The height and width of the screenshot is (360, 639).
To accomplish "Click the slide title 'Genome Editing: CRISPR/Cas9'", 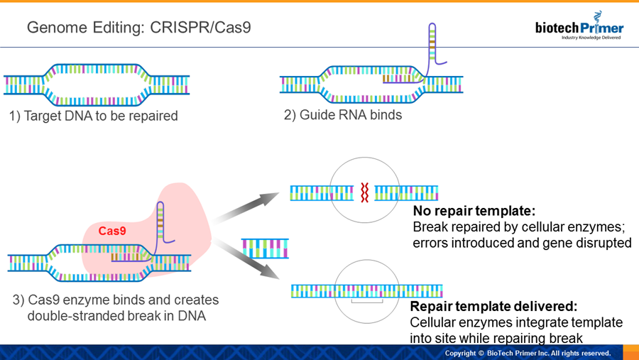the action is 138,28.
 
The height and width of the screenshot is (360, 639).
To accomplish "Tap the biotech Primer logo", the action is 579,26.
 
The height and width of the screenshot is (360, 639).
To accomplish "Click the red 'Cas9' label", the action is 112,231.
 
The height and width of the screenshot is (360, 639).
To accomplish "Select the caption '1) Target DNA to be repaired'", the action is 93,116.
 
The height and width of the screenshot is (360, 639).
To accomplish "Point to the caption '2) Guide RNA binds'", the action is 343,115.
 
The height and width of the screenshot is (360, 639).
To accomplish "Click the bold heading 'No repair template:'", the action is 474,211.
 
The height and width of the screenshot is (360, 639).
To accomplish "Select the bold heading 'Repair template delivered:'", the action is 493,306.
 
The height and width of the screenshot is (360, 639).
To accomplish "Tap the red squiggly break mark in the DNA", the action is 365,192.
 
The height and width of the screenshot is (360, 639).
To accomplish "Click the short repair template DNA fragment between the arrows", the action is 265,249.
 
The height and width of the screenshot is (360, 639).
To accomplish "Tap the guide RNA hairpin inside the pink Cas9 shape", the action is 160,222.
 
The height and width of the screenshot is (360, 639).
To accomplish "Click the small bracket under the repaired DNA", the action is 367,301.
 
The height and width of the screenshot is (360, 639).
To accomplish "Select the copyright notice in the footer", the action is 528,354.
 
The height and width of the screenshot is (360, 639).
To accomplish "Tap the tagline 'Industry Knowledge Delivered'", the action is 591,38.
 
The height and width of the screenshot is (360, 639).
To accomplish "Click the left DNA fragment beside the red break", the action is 322,193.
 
